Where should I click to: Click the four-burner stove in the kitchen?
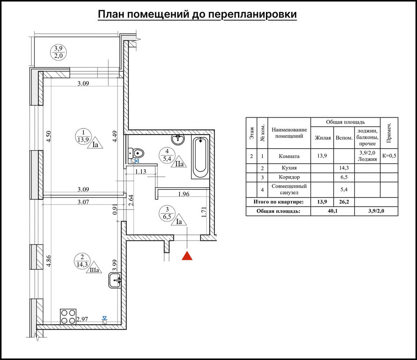(68, 317)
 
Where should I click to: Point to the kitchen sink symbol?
(115, 280)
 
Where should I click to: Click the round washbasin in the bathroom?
(178, 139)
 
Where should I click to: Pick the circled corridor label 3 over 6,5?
(167, 213)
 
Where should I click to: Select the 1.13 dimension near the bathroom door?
(141, 171)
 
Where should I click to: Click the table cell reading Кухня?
(289, 168)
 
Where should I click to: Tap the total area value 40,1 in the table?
(332, 211)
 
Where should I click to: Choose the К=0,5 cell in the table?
(389, 156)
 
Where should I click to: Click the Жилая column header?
(322, 138)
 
